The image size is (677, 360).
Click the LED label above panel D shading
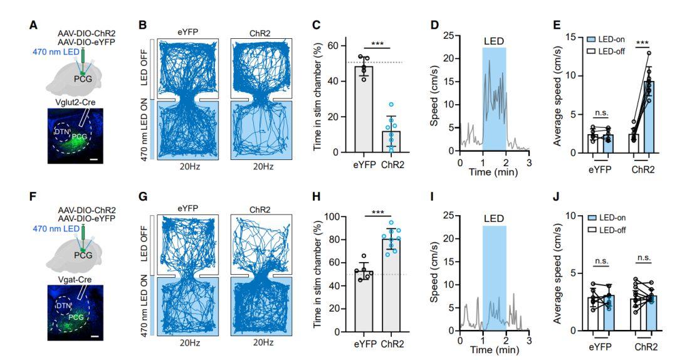pos(494,41)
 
